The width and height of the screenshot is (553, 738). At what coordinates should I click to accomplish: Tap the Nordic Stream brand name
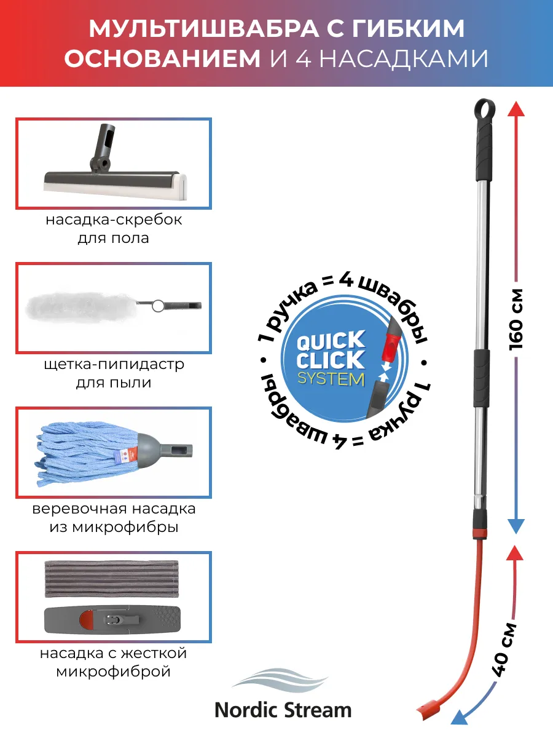coord(283,710)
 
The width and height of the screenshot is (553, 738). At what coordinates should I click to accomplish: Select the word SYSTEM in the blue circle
coord(331,379)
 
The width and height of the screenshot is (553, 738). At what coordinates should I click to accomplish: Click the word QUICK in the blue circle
coord(331,340)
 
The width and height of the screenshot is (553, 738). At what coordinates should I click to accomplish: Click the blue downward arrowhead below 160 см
coord(517,526)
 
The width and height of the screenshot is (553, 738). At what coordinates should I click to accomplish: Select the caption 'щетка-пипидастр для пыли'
coord(114,373)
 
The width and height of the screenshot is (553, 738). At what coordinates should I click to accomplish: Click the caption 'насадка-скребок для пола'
coord(114,229)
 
